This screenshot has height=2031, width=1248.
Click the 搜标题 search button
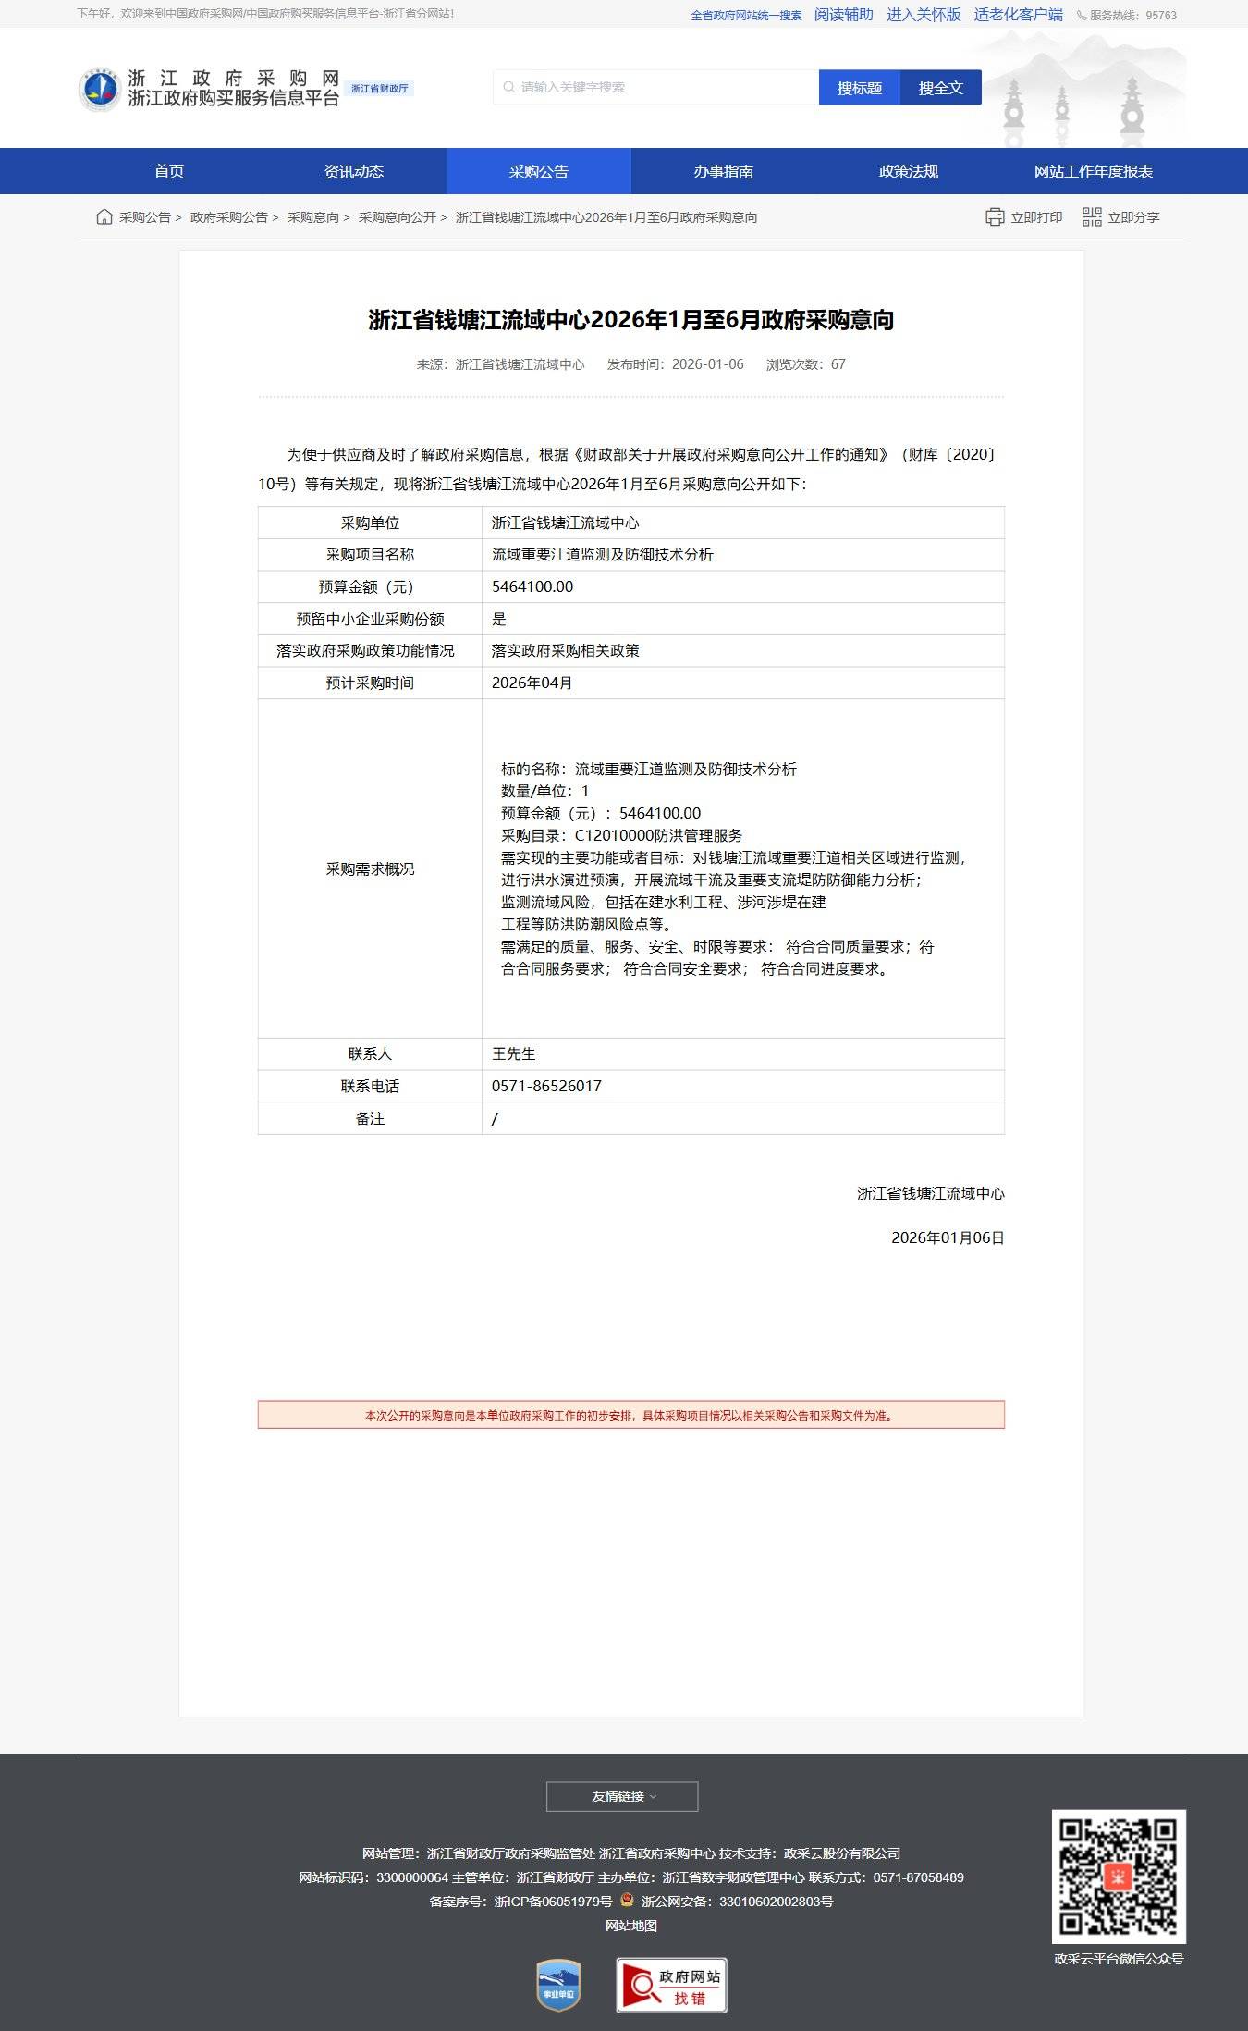tap(859, 88)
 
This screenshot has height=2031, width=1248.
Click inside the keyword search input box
tap(656, 88)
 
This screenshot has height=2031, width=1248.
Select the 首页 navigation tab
tap(169, 171)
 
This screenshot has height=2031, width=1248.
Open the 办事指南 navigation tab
tap(723, 171)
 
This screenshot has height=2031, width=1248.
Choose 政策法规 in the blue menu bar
tap(908, 171)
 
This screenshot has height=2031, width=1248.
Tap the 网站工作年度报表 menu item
tap(1093, 171)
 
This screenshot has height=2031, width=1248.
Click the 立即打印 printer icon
tap(995, 217)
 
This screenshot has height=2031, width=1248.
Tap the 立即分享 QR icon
tap(1092, 217)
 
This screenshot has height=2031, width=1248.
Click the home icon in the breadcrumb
tap(104, 217)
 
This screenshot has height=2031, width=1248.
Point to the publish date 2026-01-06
tap(707, 364)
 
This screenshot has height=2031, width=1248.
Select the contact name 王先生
tap(513, 1054)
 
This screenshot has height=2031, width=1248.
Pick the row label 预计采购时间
tap(370, 683)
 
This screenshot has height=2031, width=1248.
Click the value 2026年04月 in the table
tap(532, 683)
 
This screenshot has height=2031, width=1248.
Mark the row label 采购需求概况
tap(370, 868)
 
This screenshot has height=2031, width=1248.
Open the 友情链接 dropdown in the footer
tap(622, 1796)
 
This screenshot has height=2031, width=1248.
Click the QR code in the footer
tap(1119, 1877)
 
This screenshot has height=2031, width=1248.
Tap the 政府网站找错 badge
tap(671, 1985)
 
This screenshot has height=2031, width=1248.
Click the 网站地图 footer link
tap(631, 1926)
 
